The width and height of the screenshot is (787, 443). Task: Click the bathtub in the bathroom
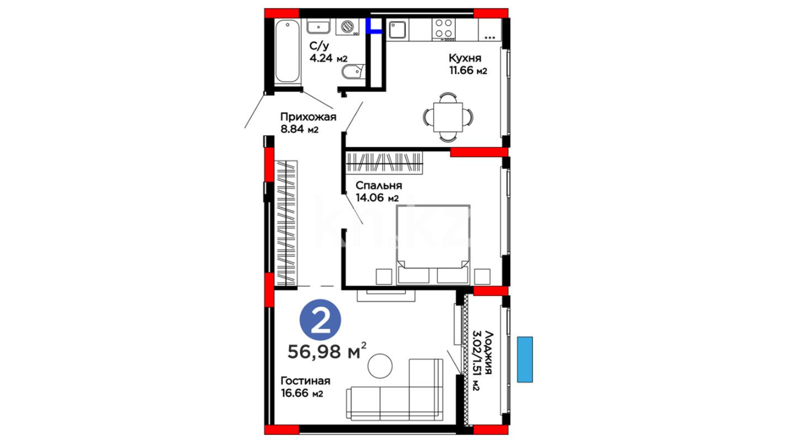[287, 52]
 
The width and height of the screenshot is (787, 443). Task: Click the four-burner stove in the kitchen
[444, 29]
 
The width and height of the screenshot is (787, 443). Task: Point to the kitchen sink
[397, 30]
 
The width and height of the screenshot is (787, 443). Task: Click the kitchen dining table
[448, 117]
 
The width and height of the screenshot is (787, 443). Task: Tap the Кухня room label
[465, 58]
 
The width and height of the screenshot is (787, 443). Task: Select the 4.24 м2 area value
[328, 58]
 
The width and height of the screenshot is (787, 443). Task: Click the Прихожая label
[308, 117]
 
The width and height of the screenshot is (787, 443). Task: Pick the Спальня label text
[379, 185]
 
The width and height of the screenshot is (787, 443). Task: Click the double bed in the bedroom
[433, 244]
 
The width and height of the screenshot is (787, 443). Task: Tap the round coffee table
[380, 366]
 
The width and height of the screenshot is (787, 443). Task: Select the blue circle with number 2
[321, 320]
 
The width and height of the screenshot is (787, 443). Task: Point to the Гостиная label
[305, 381]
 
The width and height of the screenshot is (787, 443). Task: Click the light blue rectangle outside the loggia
[525, 360]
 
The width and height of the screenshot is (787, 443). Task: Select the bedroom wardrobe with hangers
[384, 163]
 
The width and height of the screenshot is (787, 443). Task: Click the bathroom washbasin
[318, 27]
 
